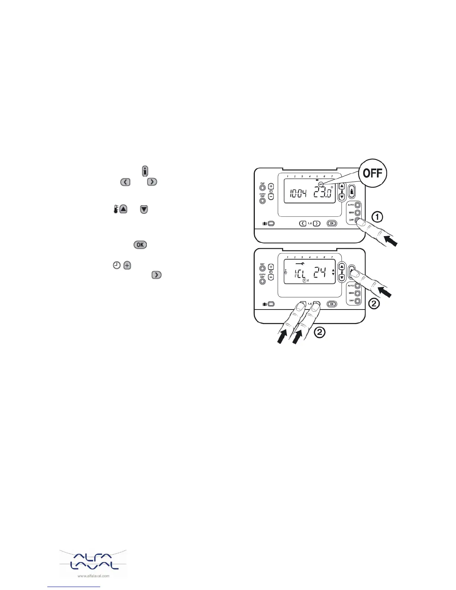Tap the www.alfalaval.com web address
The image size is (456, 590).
pos(93,576)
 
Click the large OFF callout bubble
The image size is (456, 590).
pos(373,174)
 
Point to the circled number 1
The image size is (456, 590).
pos(377,217)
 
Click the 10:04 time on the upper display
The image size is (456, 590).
pos(298,194)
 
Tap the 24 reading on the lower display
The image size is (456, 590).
pos(320,274)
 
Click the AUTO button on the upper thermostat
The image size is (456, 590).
pos(358,205)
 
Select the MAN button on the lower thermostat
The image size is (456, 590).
pos(358,294)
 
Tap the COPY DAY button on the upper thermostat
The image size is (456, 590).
pos(262,201)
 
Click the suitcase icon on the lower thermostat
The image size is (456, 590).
pos(265,304)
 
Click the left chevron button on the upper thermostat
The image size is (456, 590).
pos(303,223)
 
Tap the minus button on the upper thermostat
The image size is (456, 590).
pos(271,196)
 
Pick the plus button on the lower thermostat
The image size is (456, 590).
pos(271,267)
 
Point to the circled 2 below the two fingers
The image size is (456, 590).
pos(320,332)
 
